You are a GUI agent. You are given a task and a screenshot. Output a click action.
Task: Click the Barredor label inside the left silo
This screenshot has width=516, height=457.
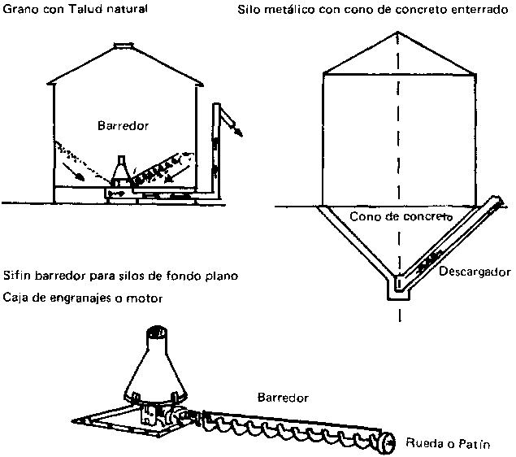pyautogui.click(x=122, y=126)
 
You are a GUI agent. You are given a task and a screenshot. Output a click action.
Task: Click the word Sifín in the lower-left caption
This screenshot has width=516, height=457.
pyautogui.click(x=17, y=276)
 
